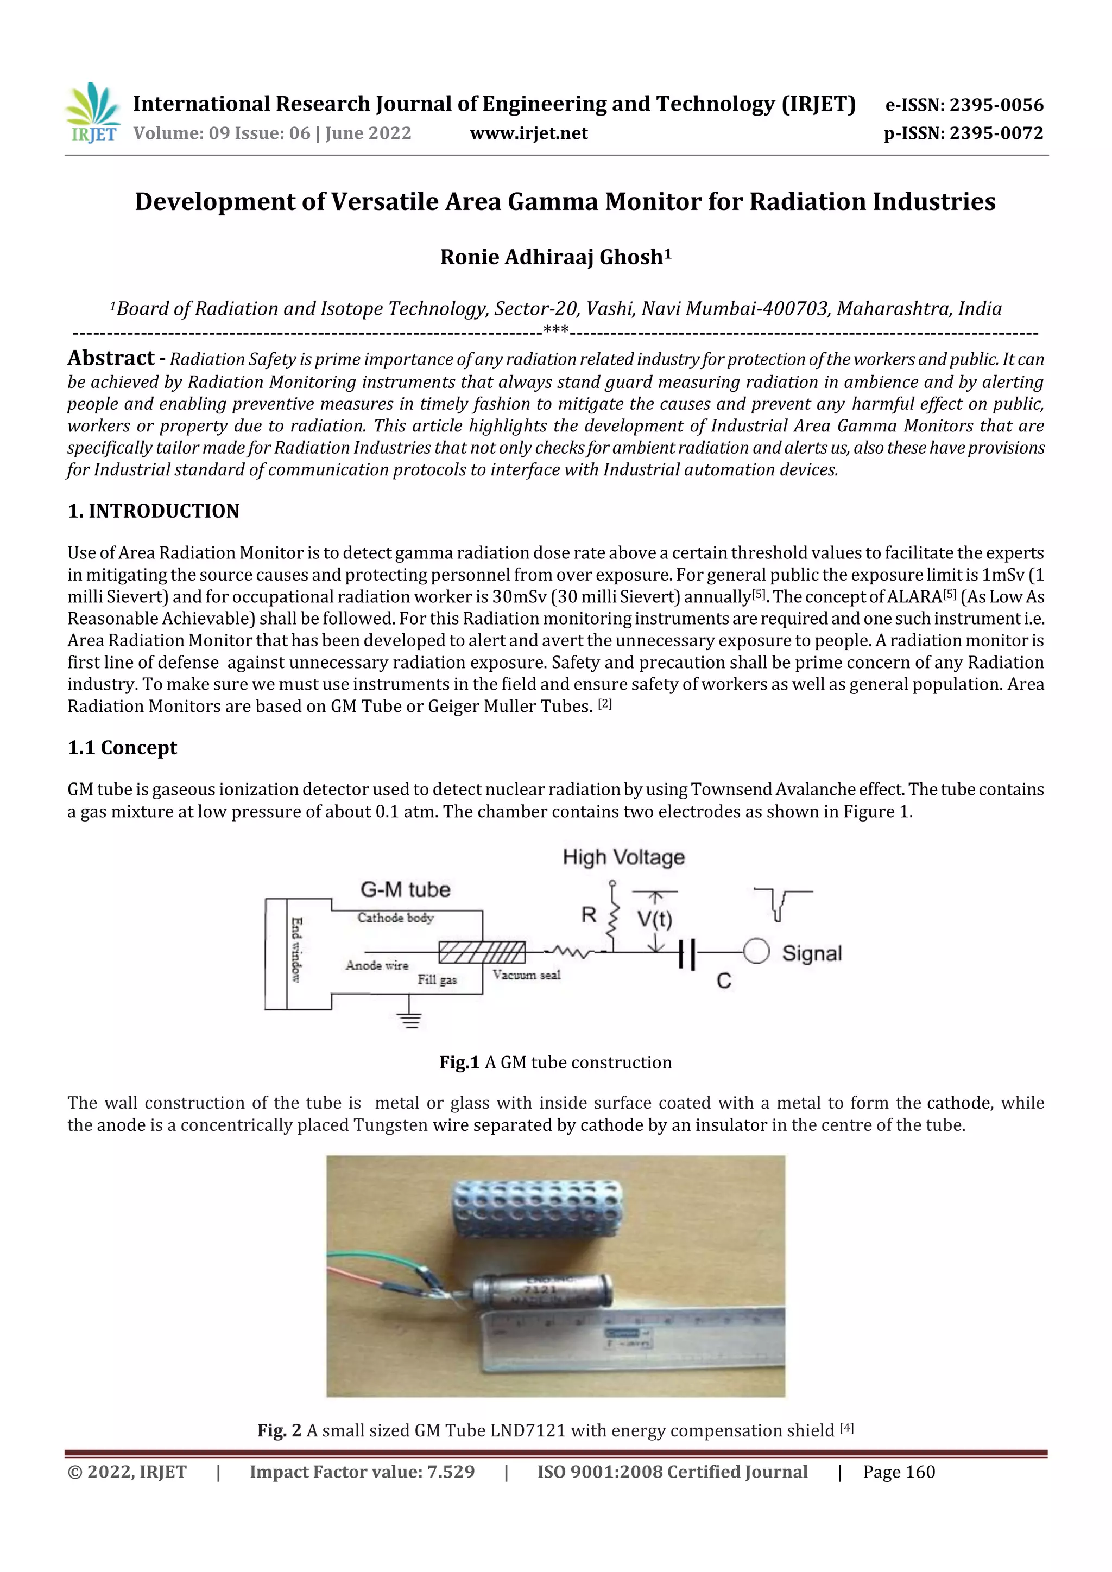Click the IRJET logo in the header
[92, 112]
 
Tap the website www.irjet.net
[528, 133]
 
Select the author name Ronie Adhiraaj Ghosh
[555, 257]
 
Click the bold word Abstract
[110, 358]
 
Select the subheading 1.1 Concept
[122, 748]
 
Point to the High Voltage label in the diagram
[623, 857]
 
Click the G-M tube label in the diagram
[405, 889]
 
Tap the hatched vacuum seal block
[482, 952]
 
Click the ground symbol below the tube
[410, 1020]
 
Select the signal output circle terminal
[756, 952]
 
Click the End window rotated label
[296, 950]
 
